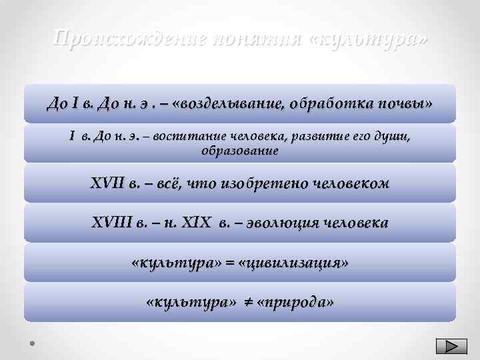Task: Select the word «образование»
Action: point(240,151)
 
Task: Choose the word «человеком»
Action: point(351,183)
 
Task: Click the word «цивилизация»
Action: point(297,263)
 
